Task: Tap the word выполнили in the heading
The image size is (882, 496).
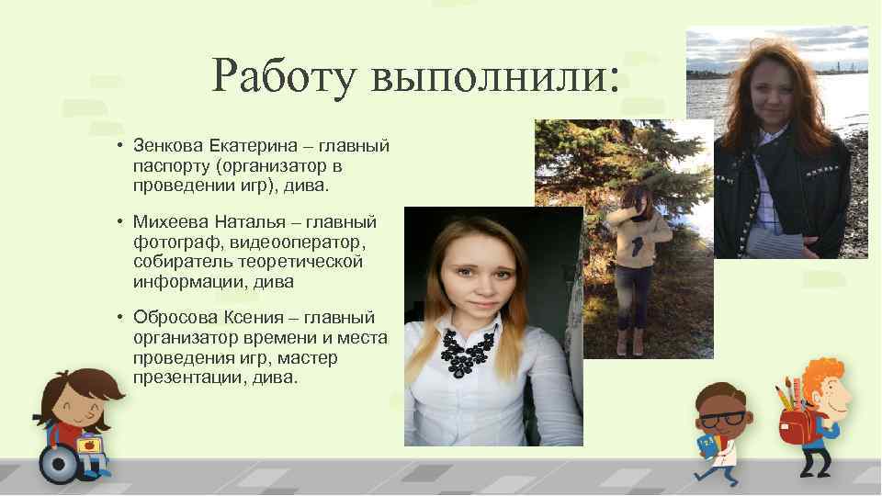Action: pos(488,75)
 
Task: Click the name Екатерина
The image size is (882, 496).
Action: pos(248,145)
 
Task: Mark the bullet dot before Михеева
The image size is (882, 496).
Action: pos(121,221)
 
